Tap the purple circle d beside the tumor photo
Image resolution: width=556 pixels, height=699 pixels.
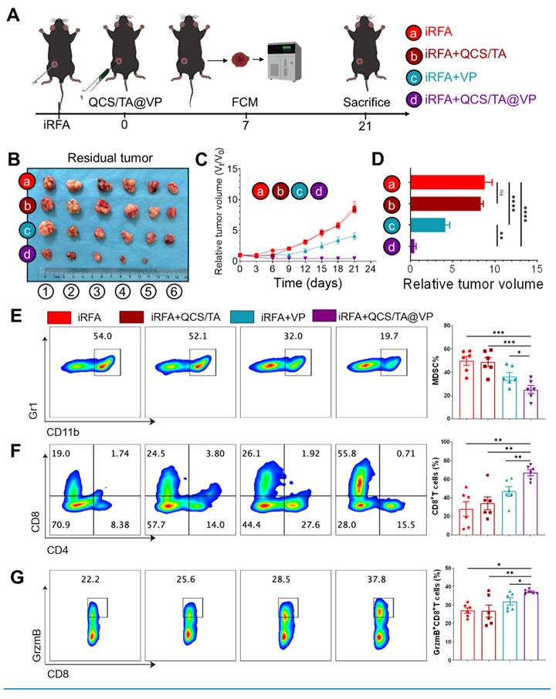28,253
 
